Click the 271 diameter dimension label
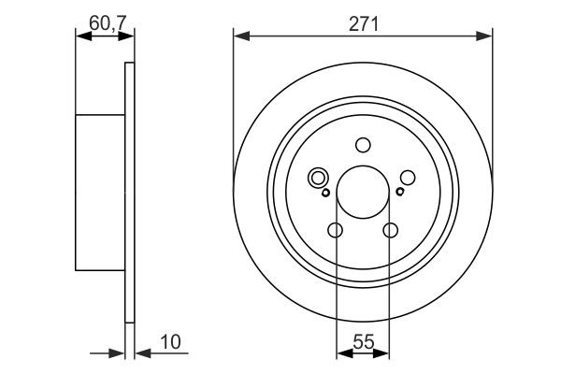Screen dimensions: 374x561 (x=363, y=26)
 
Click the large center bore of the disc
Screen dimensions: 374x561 (x=363, y=190)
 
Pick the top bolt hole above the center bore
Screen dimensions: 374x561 (x=363, y=145)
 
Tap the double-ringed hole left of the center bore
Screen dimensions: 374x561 (x=318, y=177)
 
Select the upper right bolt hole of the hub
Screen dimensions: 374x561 (x=407, y=177)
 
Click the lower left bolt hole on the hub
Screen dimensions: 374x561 (x=336, y=230)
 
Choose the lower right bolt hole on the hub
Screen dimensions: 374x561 (x=390, y=230)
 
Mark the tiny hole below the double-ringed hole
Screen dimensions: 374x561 (x=325, y=193)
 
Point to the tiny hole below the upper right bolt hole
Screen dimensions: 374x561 (x=399, y=193)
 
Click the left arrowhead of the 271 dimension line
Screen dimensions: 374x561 (x=239, y=37)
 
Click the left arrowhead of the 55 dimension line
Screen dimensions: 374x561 (x=341, y=353)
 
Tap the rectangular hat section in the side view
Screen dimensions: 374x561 (x=100, y=192)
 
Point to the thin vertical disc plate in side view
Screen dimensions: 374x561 (x=130, y=192)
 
